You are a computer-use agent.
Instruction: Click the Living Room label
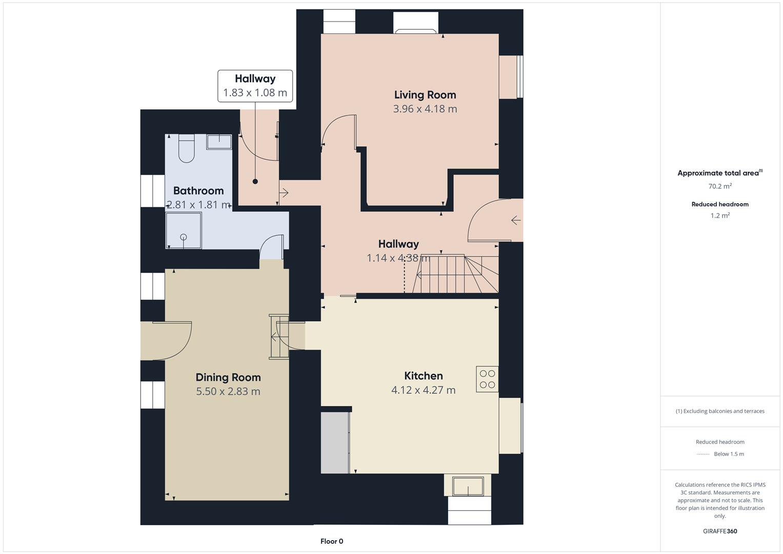pyautogui.click(x=425, y=95)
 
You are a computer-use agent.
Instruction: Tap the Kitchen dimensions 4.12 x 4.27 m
pyautogui.click(x=423, y=390)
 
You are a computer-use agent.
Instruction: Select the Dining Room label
pyautogui.click(x=228, y=378)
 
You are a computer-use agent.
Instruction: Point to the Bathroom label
pyautogui.click(x=198, y=191)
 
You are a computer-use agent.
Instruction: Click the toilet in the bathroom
pyautogui.click(x=186, y=148)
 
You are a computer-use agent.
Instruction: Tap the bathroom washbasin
pyautogui.click(x=219, y=142)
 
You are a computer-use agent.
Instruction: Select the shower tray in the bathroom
pyautogui.click(x=183, y=230)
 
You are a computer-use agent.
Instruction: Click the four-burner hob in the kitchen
pyautogui.click(x=487, y=379)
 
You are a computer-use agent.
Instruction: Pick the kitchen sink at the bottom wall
pyautogui.click(x=468, y=485)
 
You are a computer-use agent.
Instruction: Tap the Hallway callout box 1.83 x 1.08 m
pyautogui.click(x=255, y=86)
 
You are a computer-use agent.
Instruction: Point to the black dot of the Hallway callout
pyautogui.click(x=255, y=182)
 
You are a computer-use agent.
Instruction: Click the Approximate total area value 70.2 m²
pyautogui.click(x=720, y=186)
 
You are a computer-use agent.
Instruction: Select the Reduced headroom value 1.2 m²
pyautogui.click(x=720, y=215)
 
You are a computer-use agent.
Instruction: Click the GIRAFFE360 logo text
pyautogui.click(x=720, y=531)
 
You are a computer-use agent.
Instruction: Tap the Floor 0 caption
pyautogui.click(x=332, y=541)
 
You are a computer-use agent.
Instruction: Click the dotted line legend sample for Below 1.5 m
pyautogui.click(x=703, y=454)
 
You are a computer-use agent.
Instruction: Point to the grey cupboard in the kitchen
pyautogui.click(x=335, y=443)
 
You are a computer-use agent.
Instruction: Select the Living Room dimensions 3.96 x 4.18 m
pyautogui.click(x=425, y=109)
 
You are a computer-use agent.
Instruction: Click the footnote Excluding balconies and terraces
pyautogui.click(x=720, y=411)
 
